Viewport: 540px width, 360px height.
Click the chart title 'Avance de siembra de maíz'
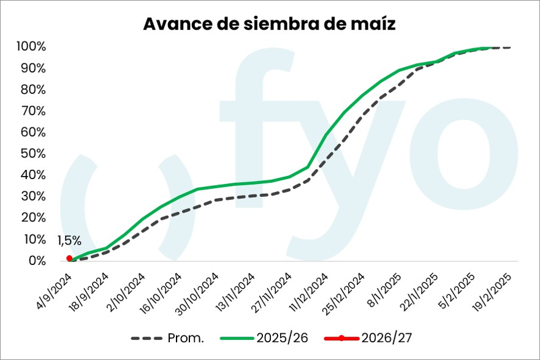click(x=269, y=24)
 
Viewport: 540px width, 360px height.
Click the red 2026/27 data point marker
click(x=69, y=258)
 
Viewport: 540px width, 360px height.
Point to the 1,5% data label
click(x=69, y=241)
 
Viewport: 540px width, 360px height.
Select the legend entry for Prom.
click(x=168, y=339)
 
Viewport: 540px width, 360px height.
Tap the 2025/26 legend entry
click(x=264, y=339)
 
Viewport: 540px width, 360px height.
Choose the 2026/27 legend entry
click(x=368, y=339)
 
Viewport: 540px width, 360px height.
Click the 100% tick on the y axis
click(x=31, y=47)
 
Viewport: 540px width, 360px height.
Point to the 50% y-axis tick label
click(x=33, y=154)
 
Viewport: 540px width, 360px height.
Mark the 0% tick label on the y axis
click(x=37, y=261)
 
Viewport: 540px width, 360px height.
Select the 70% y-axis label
click(x=33, y=111)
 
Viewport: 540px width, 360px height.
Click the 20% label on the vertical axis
click(x=33, y=218)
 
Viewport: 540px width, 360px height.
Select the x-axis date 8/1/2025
click(x=384, y=289)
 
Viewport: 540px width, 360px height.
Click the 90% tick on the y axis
click(x=33, y=68)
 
